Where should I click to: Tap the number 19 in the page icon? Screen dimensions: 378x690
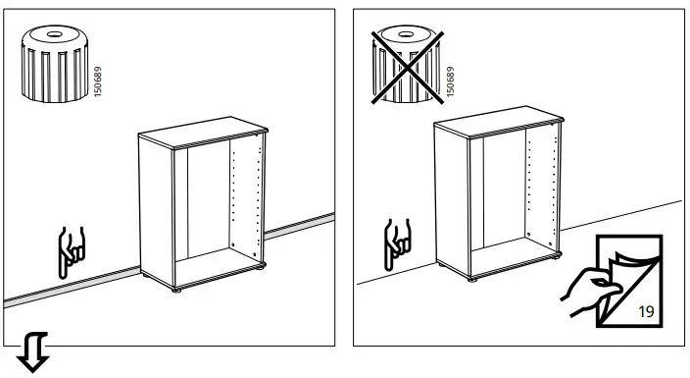pyautogui.click(x=646, y=311)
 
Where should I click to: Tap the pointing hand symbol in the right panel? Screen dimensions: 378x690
pyautogui.click(x=396, y=242)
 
